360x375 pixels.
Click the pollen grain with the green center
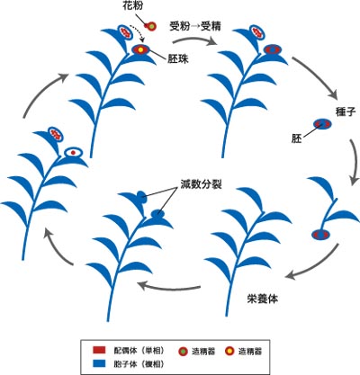[151, 26]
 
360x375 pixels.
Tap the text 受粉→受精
[195, 26]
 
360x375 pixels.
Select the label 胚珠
[178, 58]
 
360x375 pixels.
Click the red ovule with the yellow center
[140, 49]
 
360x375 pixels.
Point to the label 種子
[346, 112]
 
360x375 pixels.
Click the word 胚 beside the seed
[296, 138]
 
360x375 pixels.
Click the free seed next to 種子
[322, 123]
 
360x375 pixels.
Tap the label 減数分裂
[201, 183]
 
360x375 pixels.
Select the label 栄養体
[263, 299]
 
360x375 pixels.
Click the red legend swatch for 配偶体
[99, 350]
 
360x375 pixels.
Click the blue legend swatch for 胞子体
[99, 363]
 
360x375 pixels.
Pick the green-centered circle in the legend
[183, 351]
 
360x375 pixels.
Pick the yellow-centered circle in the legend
[229, 351]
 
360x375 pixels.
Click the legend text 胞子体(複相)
[139, 364]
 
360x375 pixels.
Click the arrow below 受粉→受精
[195, 40]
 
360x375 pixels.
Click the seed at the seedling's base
[320, 235]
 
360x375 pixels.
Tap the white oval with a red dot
[73, 152]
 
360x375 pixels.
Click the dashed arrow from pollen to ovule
[139, 31]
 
